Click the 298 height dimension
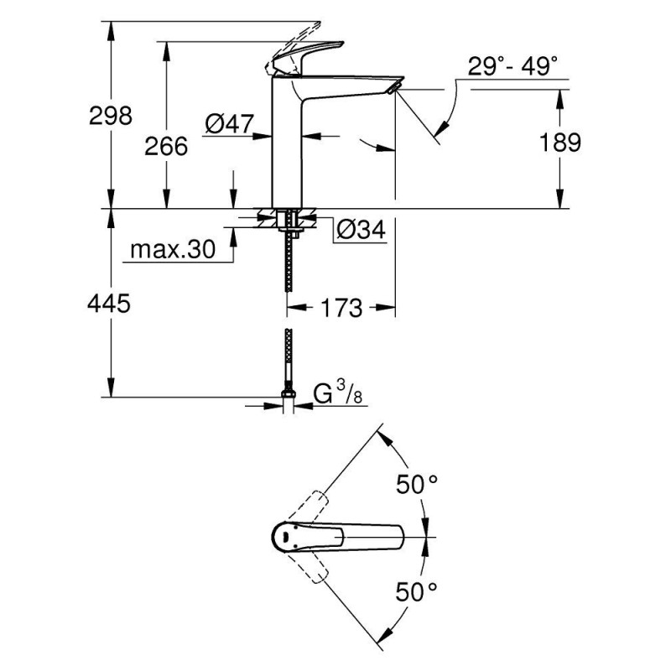111,116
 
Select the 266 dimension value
166,146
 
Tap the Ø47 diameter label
229,123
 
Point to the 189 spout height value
559,142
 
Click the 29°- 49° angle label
512,66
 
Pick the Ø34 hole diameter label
361,230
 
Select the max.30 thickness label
173,249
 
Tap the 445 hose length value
109,304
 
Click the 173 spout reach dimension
341,308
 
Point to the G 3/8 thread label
338,393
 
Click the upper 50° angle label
416,485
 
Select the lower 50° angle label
416,592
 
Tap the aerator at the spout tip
393,88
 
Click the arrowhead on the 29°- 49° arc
442,128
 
